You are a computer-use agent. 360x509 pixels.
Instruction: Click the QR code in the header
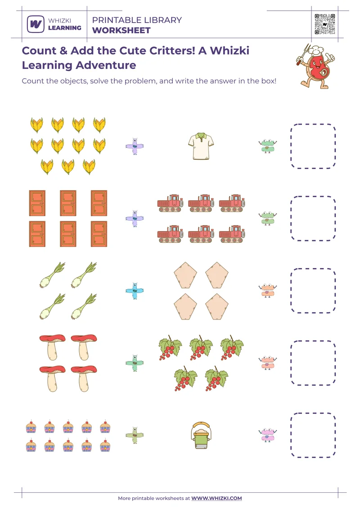click(324, 24)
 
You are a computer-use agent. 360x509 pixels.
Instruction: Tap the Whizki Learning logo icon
click(35, 24)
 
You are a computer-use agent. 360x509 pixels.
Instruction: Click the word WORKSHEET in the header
click(121, 31)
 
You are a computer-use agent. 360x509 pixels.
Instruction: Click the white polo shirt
click(201, 146)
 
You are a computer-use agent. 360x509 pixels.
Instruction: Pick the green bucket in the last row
click(201, 435)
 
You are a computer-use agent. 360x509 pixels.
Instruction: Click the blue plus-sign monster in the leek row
click(134, 290)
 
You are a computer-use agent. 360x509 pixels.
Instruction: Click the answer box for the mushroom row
click(313, 362)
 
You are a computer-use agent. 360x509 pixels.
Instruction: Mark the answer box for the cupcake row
click(313, 435)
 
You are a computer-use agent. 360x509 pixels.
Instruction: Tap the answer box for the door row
click(313, 218)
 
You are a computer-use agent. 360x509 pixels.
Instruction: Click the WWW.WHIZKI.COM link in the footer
click(216, 498)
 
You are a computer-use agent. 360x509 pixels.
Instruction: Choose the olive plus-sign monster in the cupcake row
click(134, 435)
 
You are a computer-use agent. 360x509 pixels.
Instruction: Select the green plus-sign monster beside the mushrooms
click(134, 362)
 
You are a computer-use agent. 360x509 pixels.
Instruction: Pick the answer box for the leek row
click(313, 290)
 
